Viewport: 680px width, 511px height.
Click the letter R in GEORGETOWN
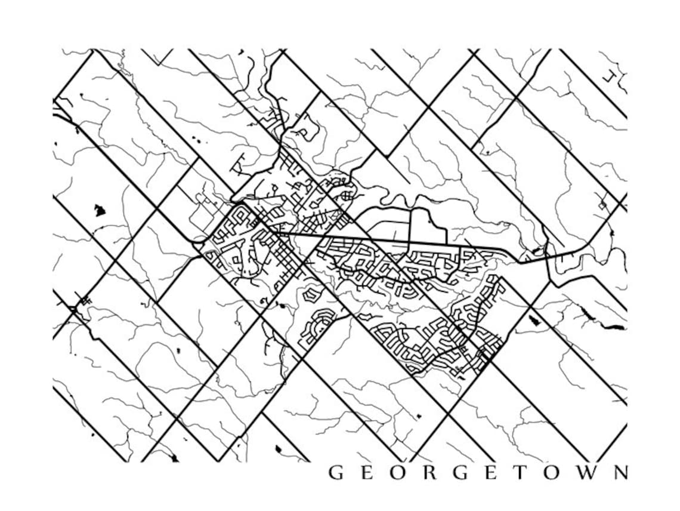tap(429, 473)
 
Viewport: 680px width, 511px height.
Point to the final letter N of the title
tap(619, 473)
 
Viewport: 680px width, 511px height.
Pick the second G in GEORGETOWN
tap(460, 473)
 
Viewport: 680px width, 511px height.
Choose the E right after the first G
tap(367, 473)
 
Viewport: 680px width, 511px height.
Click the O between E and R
tap(398, 473)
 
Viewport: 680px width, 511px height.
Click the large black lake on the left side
tap(100, 210)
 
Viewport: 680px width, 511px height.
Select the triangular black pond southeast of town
tap(534, 321)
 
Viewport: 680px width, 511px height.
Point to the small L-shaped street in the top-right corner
tap(609, 77)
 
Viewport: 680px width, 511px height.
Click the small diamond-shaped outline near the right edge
tap(602, 205)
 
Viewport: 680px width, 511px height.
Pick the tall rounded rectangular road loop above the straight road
tap(427, 227)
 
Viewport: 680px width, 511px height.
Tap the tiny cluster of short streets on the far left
tap(85, 301)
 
